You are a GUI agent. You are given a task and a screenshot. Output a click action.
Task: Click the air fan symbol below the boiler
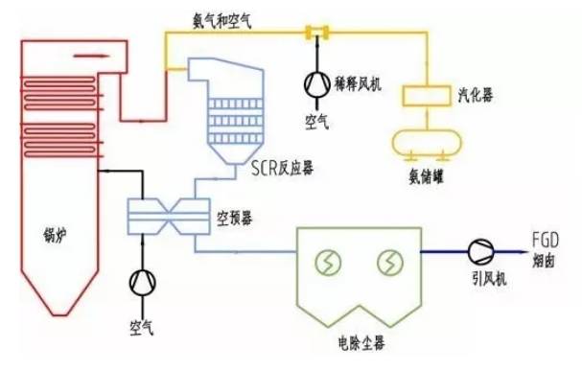pyautogui.click(x=143, y=281)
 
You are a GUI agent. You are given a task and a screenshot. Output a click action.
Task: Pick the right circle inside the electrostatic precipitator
pyautogui.click(x=389, y=261)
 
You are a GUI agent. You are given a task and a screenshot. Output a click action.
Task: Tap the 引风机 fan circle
pyautogui.click(x=478, y=252)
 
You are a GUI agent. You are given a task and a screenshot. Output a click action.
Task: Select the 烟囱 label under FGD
pyautogui.click(x=544, y=259)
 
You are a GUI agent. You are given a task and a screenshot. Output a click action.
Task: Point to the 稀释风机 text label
pyautogui.click(x=360, y=85)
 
